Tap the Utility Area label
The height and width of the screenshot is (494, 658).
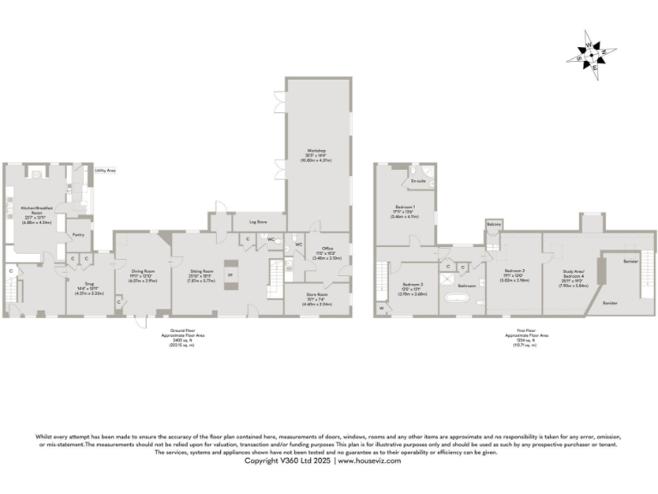point(105,171)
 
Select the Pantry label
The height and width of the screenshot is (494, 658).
point(77,233)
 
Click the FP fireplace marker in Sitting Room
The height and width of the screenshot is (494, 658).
point(229,275)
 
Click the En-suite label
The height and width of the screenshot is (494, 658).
point(418,182)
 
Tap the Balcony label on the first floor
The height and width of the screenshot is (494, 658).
point(493,225)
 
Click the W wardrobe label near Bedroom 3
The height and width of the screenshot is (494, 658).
point(380,306)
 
